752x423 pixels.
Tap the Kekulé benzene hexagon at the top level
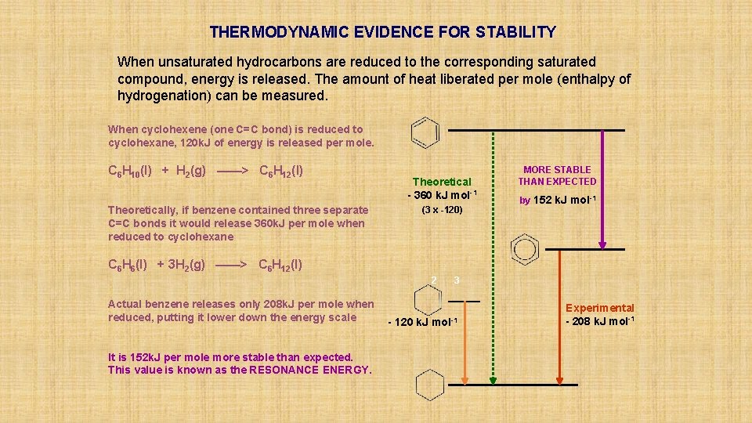425,132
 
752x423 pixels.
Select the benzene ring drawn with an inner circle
522,249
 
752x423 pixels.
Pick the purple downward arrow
602,188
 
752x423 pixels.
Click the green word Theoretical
442,181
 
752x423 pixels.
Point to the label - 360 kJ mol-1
442,194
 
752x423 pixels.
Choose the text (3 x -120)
442,210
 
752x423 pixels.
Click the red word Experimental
600,308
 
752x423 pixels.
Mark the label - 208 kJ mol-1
600,321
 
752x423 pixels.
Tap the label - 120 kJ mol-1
423,323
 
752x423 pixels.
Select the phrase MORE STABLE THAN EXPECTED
557,175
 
